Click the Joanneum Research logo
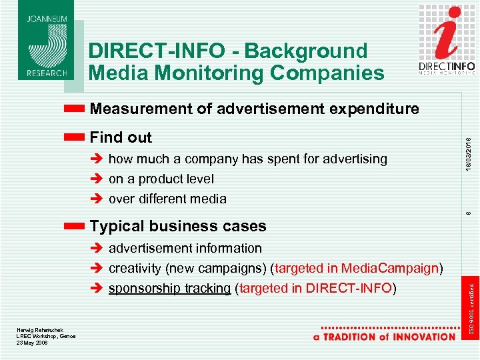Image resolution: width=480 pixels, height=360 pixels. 47,41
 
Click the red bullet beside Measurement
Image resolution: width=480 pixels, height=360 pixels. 75,108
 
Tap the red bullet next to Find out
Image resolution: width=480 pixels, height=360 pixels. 75,137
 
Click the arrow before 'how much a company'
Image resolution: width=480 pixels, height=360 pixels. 96,159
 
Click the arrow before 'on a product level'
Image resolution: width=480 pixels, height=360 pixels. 96,179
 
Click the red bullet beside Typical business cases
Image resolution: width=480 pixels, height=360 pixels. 75,226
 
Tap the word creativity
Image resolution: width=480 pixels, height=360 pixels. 133,268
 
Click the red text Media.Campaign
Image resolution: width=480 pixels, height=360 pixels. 390,268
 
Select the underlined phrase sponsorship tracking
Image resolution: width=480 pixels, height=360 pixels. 170,288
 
